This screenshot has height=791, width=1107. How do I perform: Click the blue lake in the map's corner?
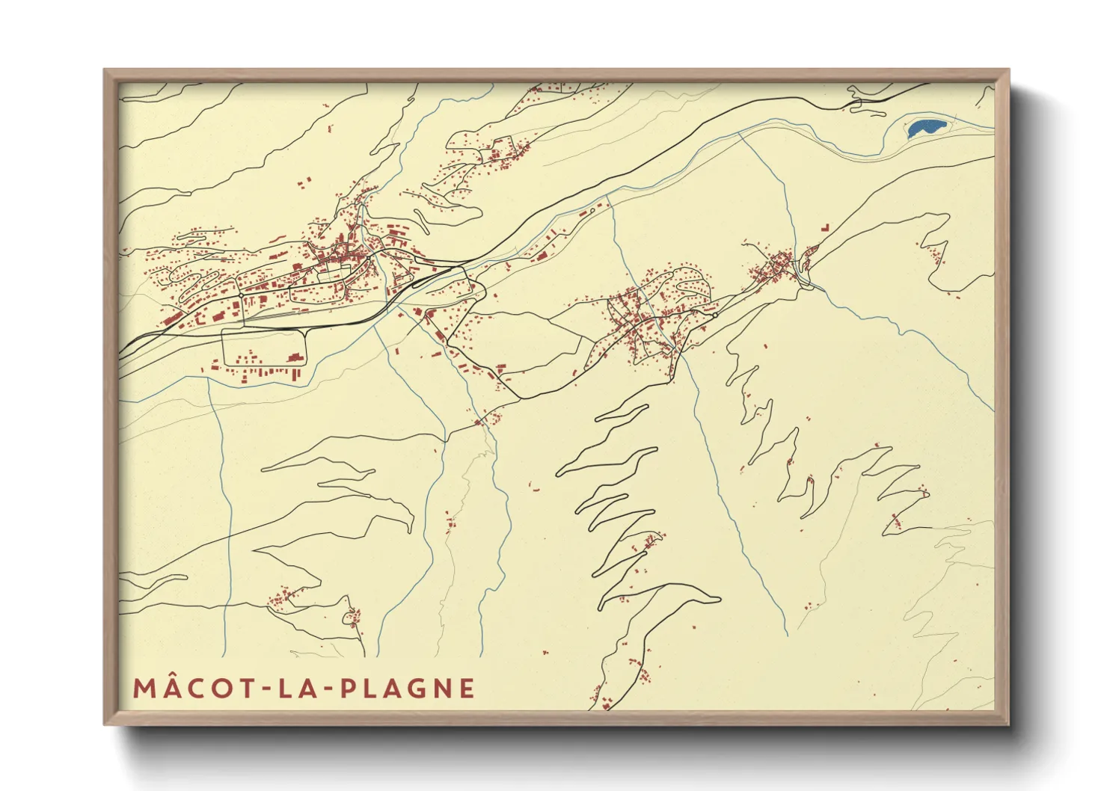(x=926, y=128)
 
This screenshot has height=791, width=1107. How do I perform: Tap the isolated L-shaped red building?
(x=825, y=226)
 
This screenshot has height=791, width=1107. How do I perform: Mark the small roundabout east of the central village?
(x=715, y=316)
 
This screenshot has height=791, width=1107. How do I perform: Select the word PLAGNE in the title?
(x=408, y=688)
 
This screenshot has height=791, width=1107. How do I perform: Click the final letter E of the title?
(x=467, y=688)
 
